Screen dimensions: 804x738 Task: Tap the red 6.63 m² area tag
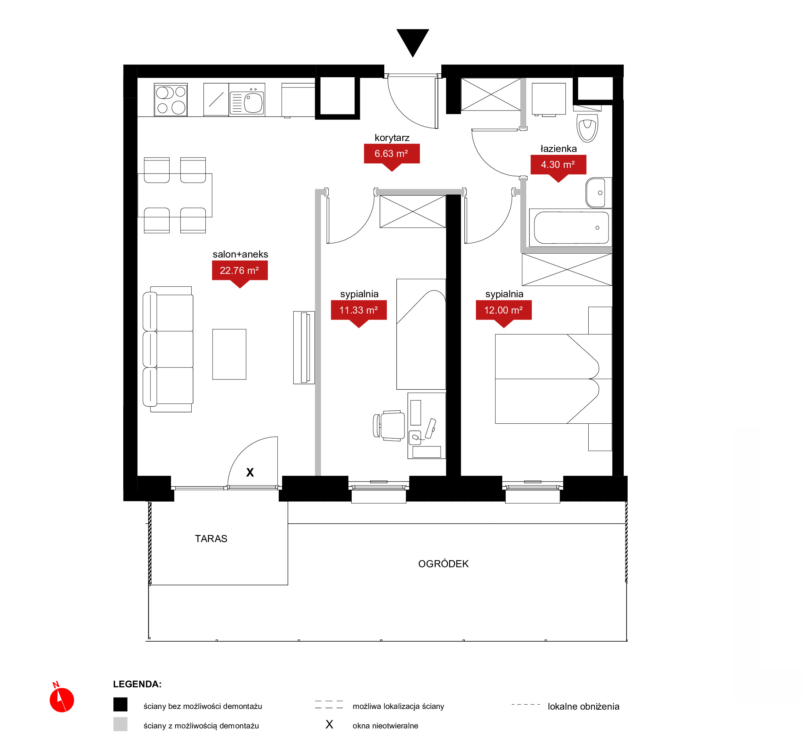click(392, 156)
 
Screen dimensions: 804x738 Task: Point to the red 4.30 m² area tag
click(558, 167)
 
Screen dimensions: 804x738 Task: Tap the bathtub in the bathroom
click(571, 227)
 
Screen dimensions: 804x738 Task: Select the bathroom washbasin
click(598, 193)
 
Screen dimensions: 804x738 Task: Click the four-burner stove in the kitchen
click(171, 100)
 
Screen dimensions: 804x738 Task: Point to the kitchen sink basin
click(253, 103)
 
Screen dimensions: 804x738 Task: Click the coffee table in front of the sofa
click(229, 354)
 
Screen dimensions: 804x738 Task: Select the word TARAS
click(211, 539)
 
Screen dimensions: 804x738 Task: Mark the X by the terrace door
click(250, 472)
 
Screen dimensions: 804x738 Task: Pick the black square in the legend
click(120, 704)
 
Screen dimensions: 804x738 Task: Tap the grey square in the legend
click(120, 724)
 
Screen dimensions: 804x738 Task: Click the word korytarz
click(392, 138)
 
